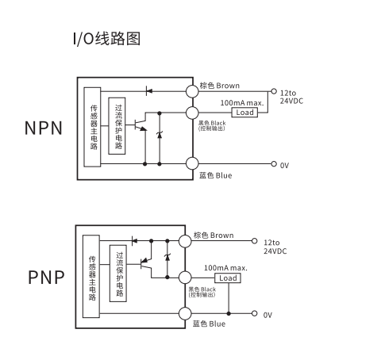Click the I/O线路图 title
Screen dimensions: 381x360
pyautogui.click(x=106, y=39)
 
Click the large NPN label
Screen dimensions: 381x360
pyautogui.click(x=44, y=128)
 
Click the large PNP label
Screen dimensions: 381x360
pyautogui.click(x=46, y=278)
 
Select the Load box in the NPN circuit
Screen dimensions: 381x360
pyautogui.click(x=244, y=113)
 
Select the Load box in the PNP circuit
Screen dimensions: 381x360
pyautogui.click(x=228, y=278)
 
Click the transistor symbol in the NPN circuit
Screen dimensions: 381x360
pyautogui.click(x=140, y=124)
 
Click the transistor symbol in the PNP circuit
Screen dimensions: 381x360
pyautogui.click(x=145, y=263)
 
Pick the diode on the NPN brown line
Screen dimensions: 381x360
pyautogui.click(x=149, y=91)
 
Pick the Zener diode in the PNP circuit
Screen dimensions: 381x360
pyautogui.click(x=167, y=257)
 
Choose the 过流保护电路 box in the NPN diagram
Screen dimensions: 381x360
pyautogui.click(x=117, y=126)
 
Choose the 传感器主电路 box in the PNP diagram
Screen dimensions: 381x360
pyautogui.click(x=91, y=276)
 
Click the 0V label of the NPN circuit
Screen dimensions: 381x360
pyautogui.click(x=284, y=166)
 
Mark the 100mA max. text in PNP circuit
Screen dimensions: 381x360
pyautogui.click(x=225, y=268)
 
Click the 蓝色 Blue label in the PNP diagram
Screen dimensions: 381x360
pyautogui.click(x=209, y=324)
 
